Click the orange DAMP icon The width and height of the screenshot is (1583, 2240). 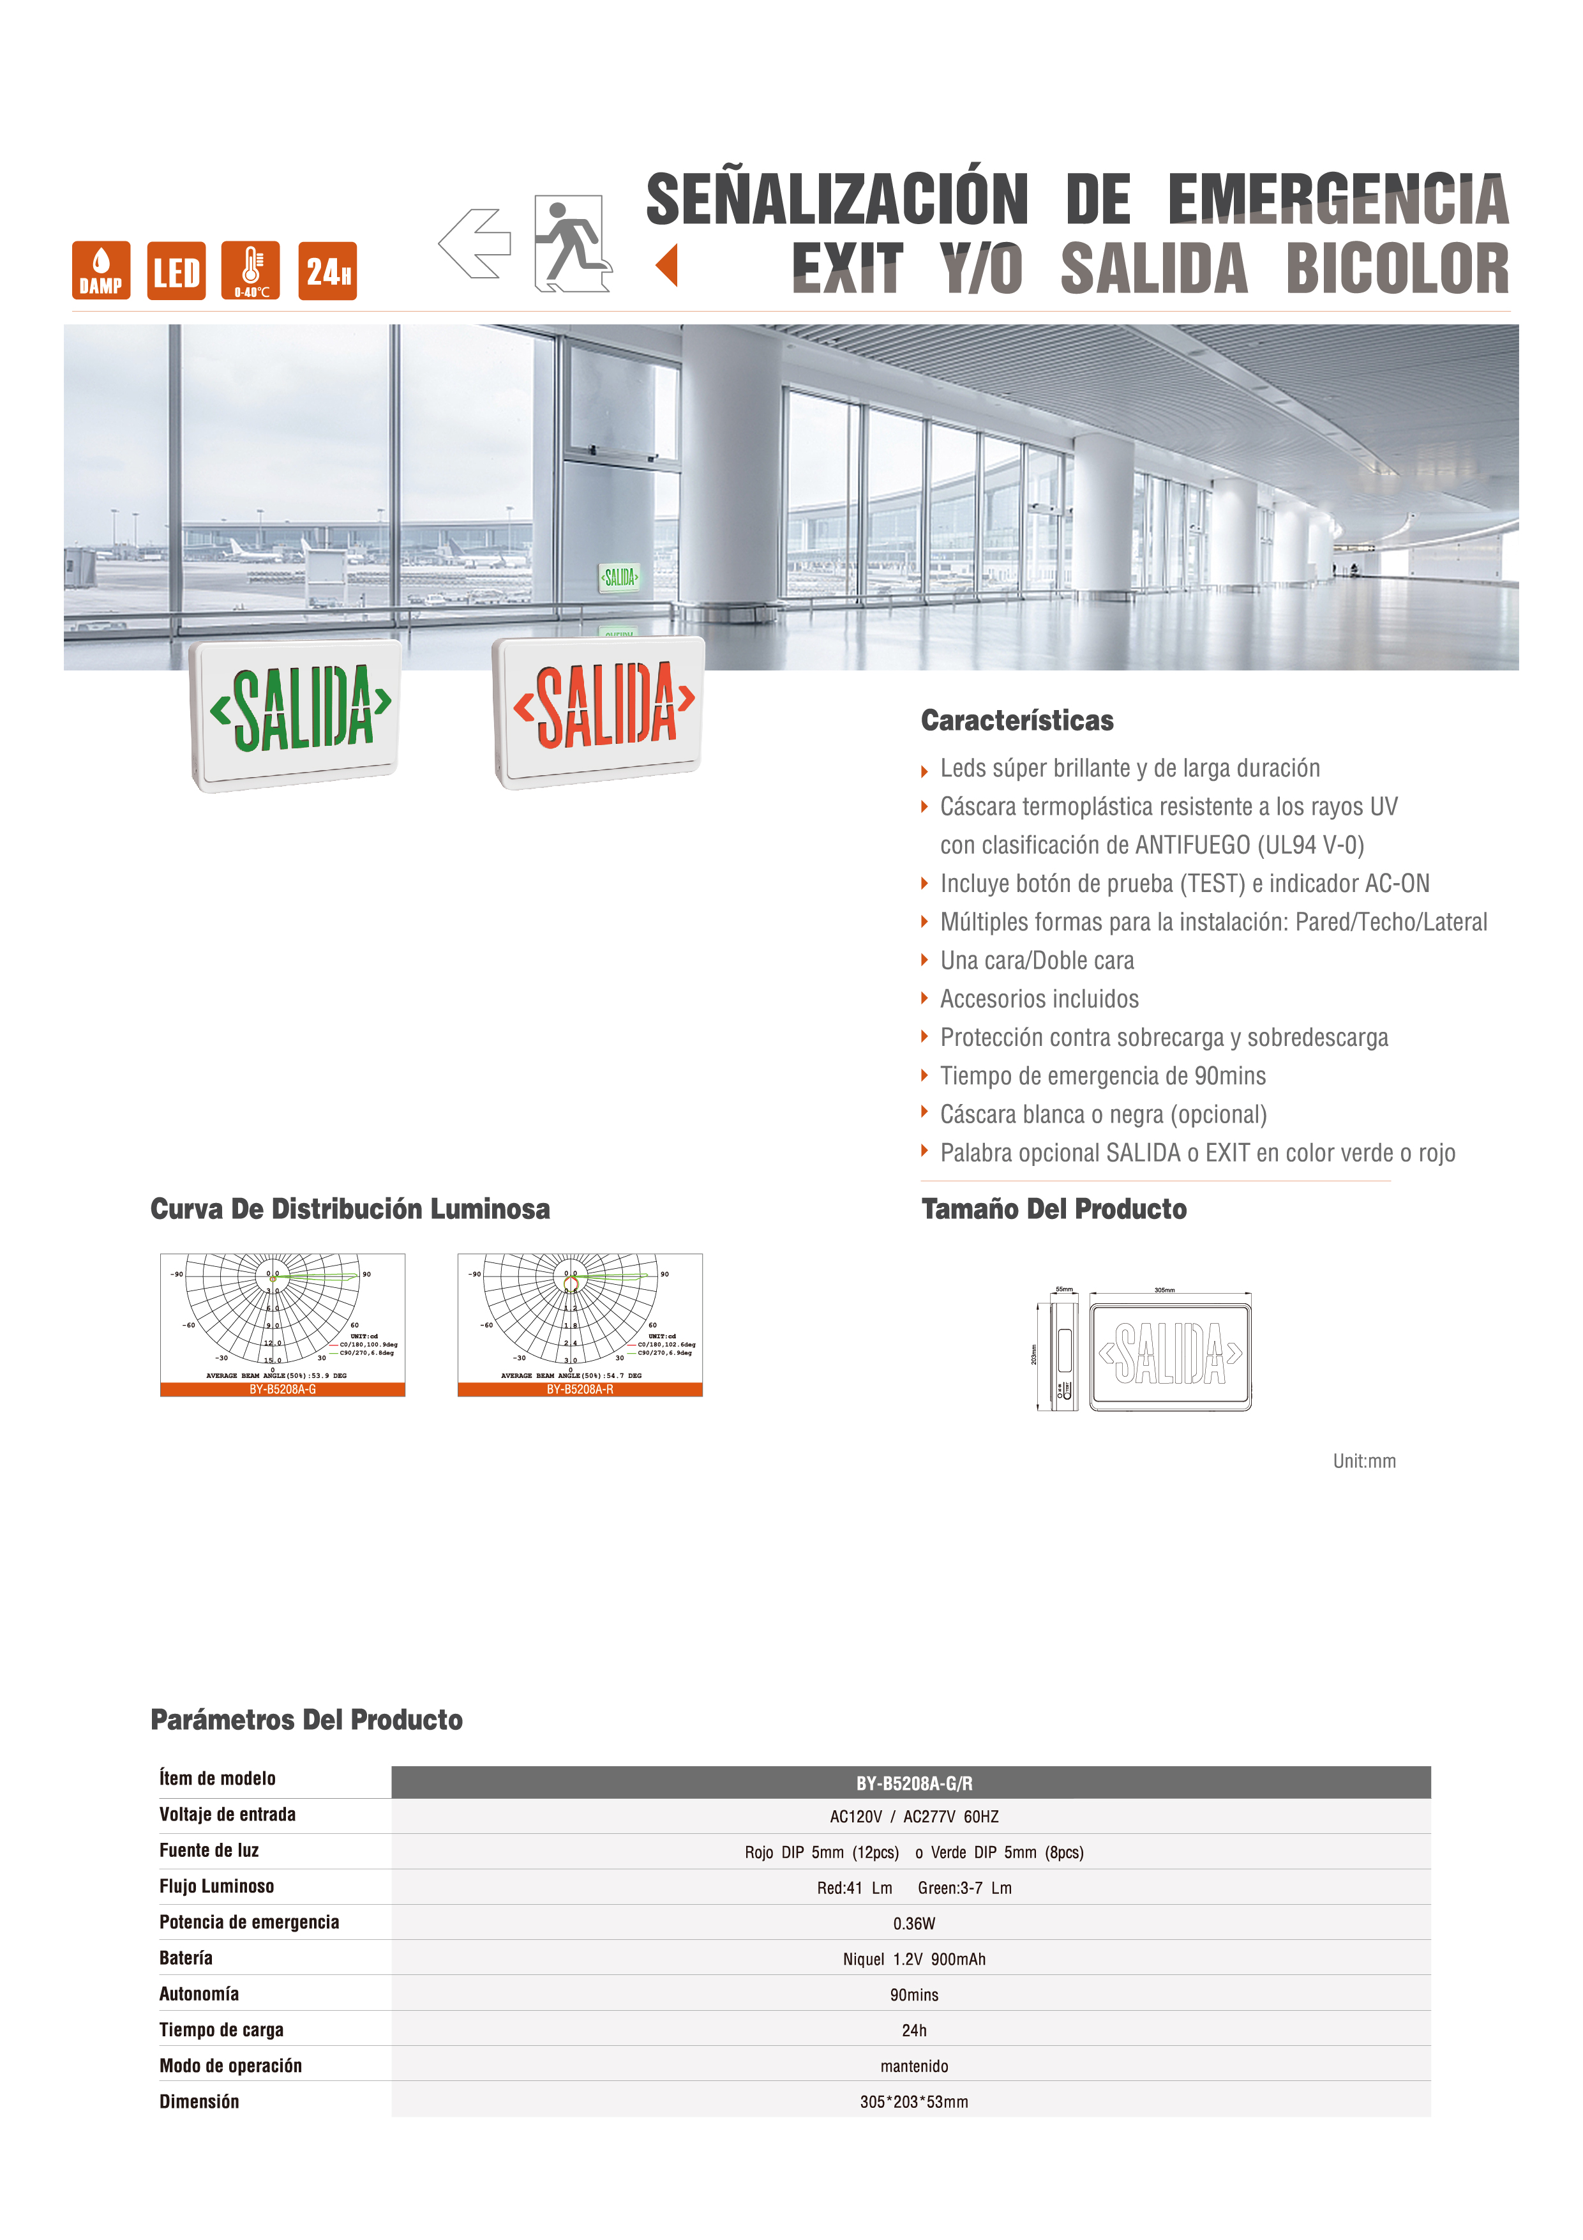pos(100,270)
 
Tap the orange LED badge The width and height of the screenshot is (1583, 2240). pos(177,270)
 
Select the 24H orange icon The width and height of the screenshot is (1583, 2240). pos(327,270)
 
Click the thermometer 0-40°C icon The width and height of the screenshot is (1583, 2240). pos(251,270)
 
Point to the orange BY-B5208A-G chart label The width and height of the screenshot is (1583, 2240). pos(283,1389)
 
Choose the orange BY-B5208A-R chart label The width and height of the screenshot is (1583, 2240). pos(580,1389)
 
